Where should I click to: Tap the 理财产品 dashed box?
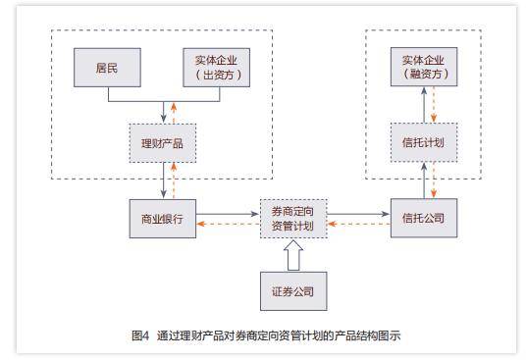click(163, 143)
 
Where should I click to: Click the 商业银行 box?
click(163, 218)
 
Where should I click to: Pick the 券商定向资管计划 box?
click(292, 218)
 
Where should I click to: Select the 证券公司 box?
click(292, 291)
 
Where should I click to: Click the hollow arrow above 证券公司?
click(292, 255)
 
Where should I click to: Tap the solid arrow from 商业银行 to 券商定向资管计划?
click(228, 211)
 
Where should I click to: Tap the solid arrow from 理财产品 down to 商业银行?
click(161, 180)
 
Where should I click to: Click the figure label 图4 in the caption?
click(139, 334)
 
